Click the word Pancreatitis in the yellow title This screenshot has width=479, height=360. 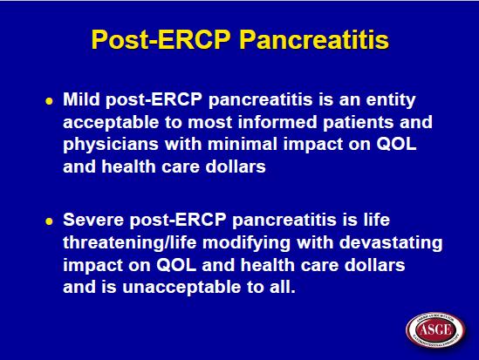[314, 40]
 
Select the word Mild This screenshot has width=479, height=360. [81, 99]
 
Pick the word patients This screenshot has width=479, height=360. [358, 123]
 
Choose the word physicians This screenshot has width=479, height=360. [111, 145]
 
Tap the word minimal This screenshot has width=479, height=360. [243, 144]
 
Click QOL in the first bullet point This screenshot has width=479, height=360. [396, 144]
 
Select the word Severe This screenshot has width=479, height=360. [93, 220]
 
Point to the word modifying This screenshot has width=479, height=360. [246, 243]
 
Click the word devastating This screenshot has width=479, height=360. [391, 243]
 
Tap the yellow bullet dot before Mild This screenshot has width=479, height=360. [49, 101]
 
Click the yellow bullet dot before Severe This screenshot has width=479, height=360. [49, 221]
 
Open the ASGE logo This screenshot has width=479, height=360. [435, 329]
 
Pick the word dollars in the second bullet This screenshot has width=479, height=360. [374, 264]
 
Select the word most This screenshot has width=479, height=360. [210, 122]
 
